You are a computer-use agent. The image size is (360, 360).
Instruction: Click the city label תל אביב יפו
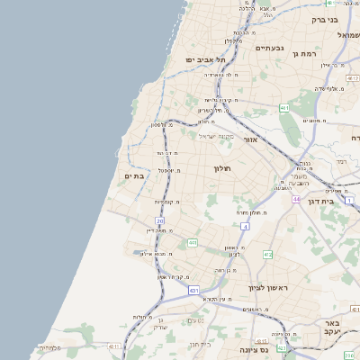pyautogui.click(x=204, y=59)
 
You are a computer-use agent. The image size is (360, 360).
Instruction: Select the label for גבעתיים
pyautogui.click(x=270, y=49)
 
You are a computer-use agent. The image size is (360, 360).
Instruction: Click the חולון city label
pyautogui.click(x=222, y=168)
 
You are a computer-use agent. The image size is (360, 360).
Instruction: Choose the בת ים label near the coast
pyautogui.click(x=134, y=176)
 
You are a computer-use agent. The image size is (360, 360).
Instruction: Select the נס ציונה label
pyautogui.click(x=256, y=349)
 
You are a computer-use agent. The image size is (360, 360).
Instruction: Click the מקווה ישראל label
pyautogui.click(x=215, y=137)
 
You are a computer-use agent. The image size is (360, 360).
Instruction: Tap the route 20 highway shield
pyautogui.click(x=160, y=220)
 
